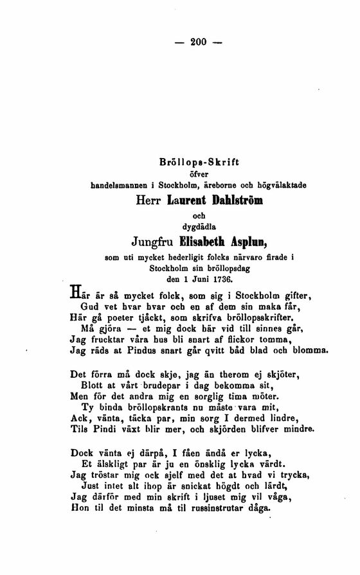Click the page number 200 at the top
[197, 42]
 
